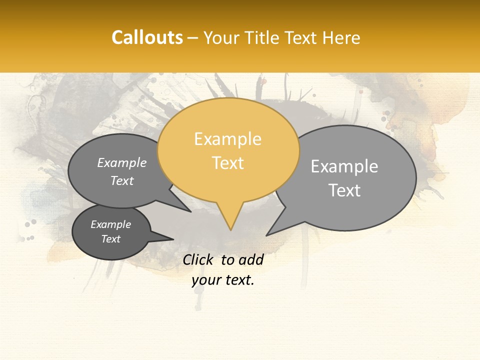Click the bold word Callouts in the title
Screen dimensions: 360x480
tap(147, 37)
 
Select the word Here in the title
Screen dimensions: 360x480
tap(342, 38)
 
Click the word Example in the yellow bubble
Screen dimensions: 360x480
tap(227, 139)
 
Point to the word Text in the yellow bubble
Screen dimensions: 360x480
tap(228, 163)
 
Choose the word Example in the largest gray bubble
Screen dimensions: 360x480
tap(344, 166)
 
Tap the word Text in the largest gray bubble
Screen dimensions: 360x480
tap(345, 190)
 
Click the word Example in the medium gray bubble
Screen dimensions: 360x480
tap(122, 163)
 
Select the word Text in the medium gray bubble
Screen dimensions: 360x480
tap(122, 181)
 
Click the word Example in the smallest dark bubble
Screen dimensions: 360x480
tap(110, 224)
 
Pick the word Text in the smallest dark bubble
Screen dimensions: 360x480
tap(111, 239)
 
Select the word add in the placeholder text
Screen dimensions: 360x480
tap(251, 259)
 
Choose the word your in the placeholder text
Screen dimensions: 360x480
tap(206, 280)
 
